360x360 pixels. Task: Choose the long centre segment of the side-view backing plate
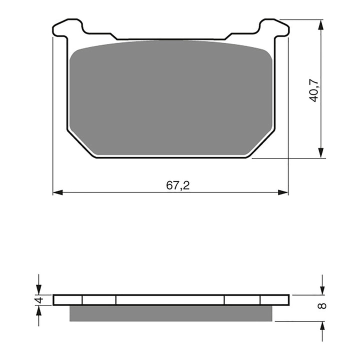point(170,299)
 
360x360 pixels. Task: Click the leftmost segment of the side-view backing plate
point(67,299)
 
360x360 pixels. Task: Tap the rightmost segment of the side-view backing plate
point(274,299)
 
